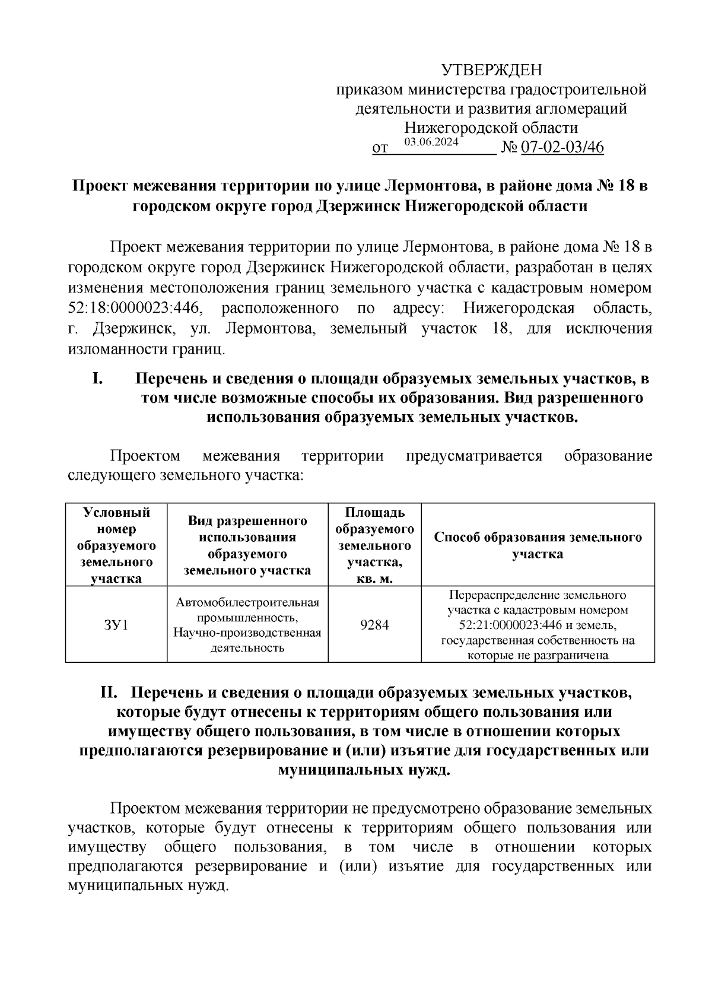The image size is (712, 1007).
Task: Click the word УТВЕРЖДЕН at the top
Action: point(491,71)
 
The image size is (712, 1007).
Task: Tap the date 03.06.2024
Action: point(431,142)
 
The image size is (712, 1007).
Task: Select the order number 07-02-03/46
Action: point(562,147)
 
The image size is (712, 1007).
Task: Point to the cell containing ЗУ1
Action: point(116,625)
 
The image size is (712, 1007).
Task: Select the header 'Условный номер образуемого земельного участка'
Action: point(116,545)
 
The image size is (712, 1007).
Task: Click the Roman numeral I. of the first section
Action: point(98,378)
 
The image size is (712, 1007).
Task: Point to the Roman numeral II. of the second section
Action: point(112,692)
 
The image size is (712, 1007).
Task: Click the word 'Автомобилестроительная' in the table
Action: point(247,602)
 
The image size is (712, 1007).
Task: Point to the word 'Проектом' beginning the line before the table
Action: point(145,456)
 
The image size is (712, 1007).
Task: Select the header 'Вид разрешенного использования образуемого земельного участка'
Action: point(247,545)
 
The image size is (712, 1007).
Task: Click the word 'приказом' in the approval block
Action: point(369,90)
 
